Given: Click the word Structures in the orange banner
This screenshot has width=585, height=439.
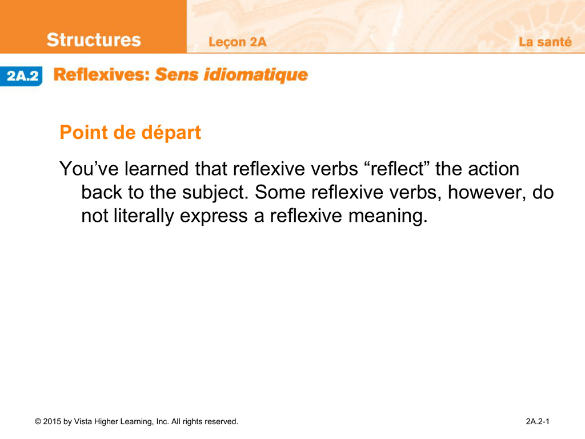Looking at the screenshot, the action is click(94, 40).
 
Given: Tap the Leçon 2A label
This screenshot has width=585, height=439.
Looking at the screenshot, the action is click(237, 42).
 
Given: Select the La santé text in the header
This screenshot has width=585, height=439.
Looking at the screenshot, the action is click(545, 42).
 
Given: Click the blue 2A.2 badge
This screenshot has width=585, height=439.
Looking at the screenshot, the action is click(21, 76).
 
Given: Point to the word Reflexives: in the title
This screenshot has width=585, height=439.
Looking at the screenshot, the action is click(102, 75).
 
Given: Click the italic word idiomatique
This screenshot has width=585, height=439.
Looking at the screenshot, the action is click(255, 75).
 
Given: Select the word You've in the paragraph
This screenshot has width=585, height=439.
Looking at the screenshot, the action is click(89, 169).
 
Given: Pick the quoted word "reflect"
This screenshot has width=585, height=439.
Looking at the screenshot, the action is click(396, 169).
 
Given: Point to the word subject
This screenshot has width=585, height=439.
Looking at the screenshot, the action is click(215, 193).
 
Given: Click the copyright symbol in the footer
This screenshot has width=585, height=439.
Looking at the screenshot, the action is click(38, 421).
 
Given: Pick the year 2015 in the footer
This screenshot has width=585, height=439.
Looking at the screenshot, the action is click(52, 421).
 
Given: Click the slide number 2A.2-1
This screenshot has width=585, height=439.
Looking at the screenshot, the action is click(537, 421).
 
